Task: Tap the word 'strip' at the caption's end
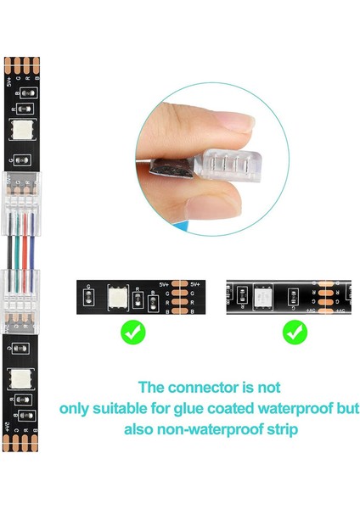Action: coord(277,429)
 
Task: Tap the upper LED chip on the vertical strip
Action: coord(18,130)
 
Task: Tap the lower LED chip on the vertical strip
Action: coord(18,378)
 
